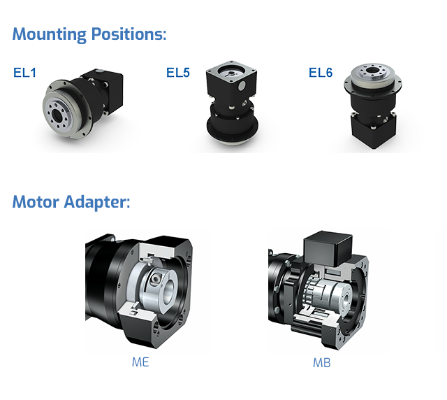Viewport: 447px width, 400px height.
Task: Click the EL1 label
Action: coord(24,73)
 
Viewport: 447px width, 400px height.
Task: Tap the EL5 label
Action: coord(178,73)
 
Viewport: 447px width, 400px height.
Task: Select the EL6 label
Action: coord(321,73)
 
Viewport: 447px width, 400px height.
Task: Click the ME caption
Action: coord(140,362)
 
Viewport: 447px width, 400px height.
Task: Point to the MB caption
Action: coord(321,363)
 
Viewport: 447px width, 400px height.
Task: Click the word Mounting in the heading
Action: coord(50,34)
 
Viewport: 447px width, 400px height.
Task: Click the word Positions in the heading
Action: coord(129,34)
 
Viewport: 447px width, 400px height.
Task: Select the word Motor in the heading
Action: coord(36,202)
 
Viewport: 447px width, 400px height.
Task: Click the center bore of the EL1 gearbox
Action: coord(58,115)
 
